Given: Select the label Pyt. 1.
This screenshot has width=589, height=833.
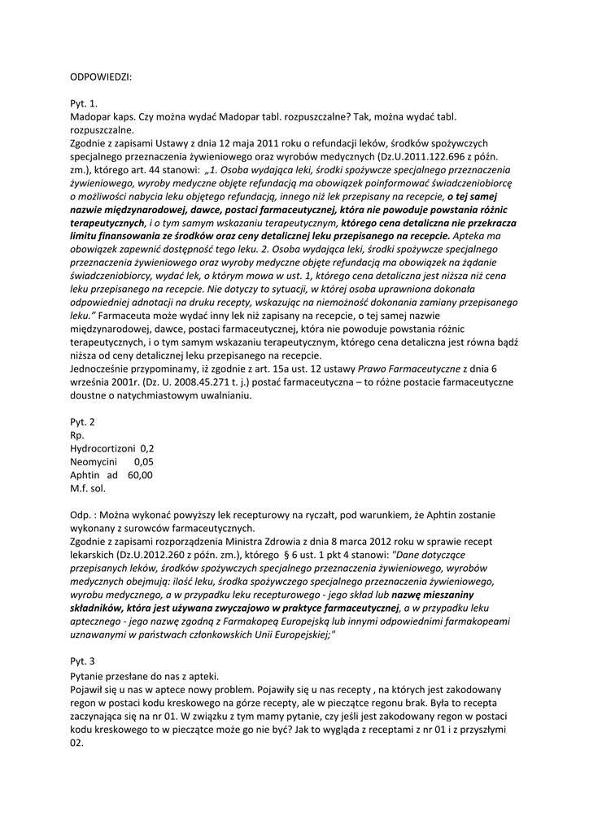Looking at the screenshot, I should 84,104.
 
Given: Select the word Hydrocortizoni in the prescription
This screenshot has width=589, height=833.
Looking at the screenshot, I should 103,448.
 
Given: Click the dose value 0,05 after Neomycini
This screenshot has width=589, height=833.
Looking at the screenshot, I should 143,462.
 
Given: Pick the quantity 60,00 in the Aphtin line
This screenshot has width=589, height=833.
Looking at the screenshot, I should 140,475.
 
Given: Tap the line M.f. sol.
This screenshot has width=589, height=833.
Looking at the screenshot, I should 88,489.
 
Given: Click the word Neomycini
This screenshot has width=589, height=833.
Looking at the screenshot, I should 96,462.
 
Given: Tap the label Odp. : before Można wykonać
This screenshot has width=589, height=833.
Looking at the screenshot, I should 85,515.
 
